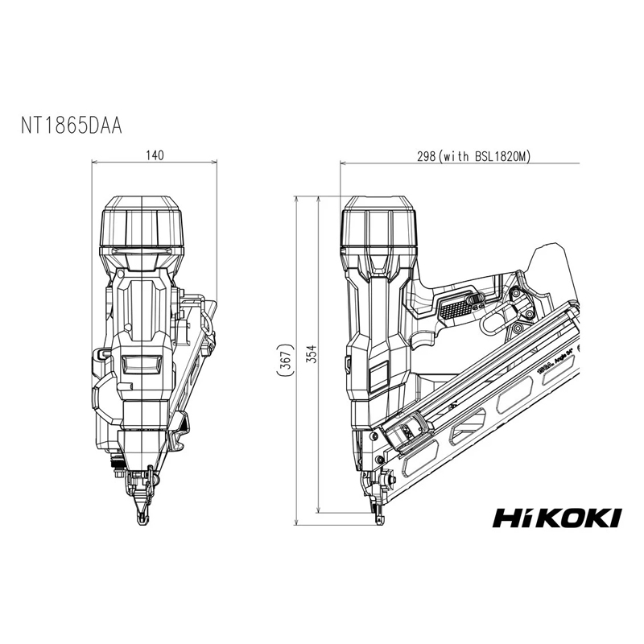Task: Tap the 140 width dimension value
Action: coord(156,155)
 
